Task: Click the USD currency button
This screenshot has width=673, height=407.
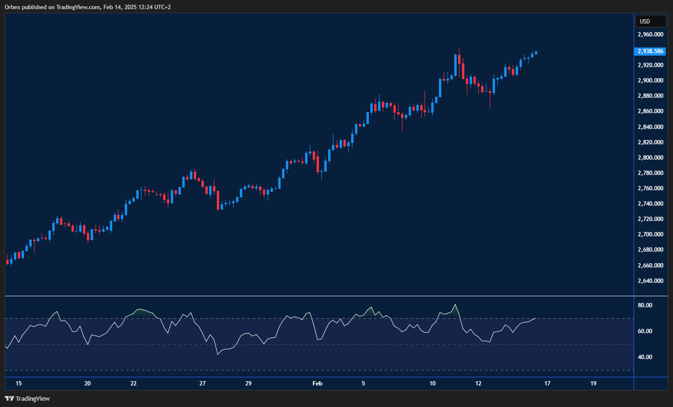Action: [x=650, y=21]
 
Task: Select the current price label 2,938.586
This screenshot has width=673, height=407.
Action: [x=650, y=51]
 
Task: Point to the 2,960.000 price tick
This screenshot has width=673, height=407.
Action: [x=650, y=35]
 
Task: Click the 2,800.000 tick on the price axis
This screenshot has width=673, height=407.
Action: [x=650, y=158]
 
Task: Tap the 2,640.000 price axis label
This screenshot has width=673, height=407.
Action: [x=650, y=281]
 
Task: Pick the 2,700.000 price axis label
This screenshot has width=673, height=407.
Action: [x=650, y=234]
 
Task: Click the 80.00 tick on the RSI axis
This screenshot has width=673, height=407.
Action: [x=645, y=305]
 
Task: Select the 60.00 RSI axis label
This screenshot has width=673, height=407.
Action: [x=645, y=331]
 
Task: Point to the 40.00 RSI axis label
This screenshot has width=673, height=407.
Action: [x=645, y=357]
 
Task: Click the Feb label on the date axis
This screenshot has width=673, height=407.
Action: [x=317, y=384]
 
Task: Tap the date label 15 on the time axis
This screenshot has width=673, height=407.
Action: [x=19, y=384]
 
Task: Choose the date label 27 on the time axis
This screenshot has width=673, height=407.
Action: [x=202, y=384]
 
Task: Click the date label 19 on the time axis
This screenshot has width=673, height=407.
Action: [x=593, y=384]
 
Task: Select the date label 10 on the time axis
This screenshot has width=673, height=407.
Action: [x=433, y=384]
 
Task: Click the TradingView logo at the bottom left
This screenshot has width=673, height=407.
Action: [x=27, y=398]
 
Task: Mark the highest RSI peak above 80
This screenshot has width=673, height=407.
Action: [x=455, y=304]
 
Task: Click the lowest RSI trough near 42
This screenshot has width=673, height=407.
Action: [x=218, y=354]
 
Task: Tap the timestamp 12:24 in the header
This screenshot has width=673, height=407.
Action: [x=137, y=7]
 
